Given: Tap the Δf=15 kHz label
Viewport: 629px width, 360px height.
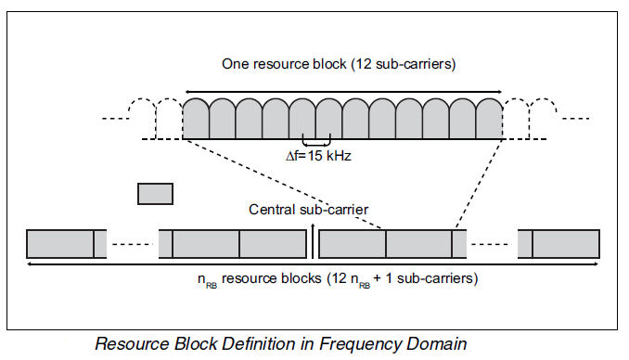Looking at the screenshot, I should pyautogui.click(x=317, y=157).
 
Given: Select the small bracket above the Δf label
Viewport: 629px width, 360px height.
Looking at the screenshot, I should pyautogui.click(x=316, y=143).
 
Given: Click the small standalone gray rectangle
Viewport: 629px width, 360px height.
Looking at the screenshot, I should pyautogui.click(x=155, y=193).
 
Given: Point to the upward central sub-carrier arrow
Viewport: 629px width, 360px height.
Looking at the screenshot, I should pyautogui.click(x=313, y=237).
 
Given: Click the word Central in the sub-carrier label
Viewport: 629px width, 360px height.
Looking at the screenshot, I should pyautogui.click(x=271, y=209).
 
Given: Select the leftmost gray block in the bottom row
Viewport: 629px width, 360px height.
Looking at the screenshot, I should pyautogui.click(x=60, y=243).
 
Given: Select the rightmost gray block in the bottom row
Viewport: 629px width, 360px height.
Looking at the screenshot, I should pyautogui.click(x=566, y=243).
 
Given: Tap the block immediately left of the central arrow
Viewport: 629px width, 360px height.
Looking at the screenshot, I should pyautogui.click(x=273, y=243).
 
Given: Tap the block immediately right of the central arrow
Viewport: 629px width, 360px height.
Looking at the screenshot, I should pyautogui.click(x=353, y=243).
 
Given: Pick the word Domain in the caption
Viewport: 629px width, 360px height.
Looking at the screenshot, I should pyautogui.click(x=430, y=343).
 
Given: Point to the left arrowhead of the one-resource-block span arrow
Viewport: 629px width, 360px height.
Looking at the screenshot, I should pyautogui.click(x=187, y=90).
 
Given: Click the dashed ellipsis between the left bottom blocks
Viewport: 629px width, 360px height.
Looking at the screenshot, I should pyautogui.click(x=133, y=244).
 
